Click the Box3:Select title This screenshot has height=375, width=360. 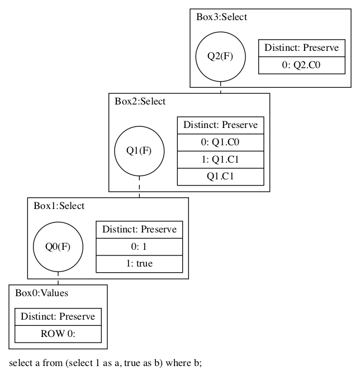coord(221,17)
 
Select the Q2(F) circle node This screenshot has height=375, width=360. coord(220,56)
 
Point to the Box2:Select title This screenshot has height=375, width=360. coord(140,101)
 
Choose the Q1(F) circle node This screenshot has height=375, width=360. coord(139,151)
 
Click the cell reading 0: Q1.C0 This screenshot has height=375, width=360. coord(220,142)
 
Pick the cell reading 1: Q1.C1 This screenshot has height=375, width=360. coord(220,159)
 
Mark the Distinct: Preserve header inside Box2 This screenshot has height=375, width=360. coord(220,125)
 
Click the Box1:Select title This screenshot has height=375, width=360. coord(59,206)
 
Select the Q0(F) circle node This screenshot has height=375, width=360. coord(58,246)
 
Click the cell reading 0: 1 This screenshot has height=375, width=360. coord(139,246)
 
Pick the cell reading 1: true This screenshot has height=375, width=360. coord(139,263)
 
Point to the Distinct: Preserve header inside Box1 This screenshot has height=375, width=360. coord(139,230)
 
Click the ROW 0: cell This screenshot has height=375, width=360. coord(58,334)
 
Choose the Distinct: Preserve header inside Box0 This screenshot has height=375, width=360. coord(58,317)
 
